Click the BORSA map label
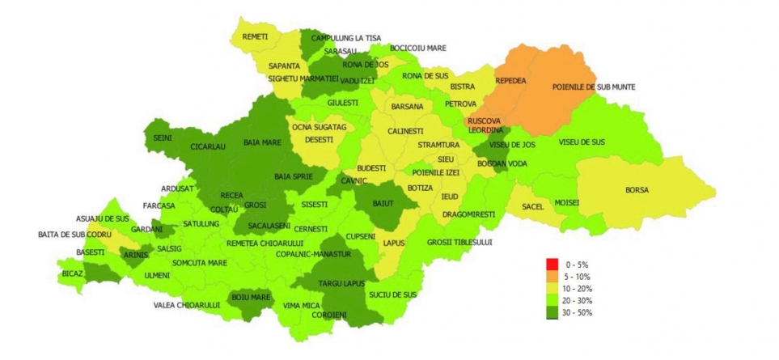[x=637, y=190]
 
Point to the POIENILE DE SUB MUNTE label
[x=594, y=87]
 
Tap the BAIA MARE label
[x=262, y=143]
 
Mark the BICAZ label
[x=72, y=274]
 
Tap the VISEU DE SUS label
[x=581, y=142]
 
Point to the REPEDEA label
[x=510, y=81]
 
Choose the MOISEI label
[x=566, y=202]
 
